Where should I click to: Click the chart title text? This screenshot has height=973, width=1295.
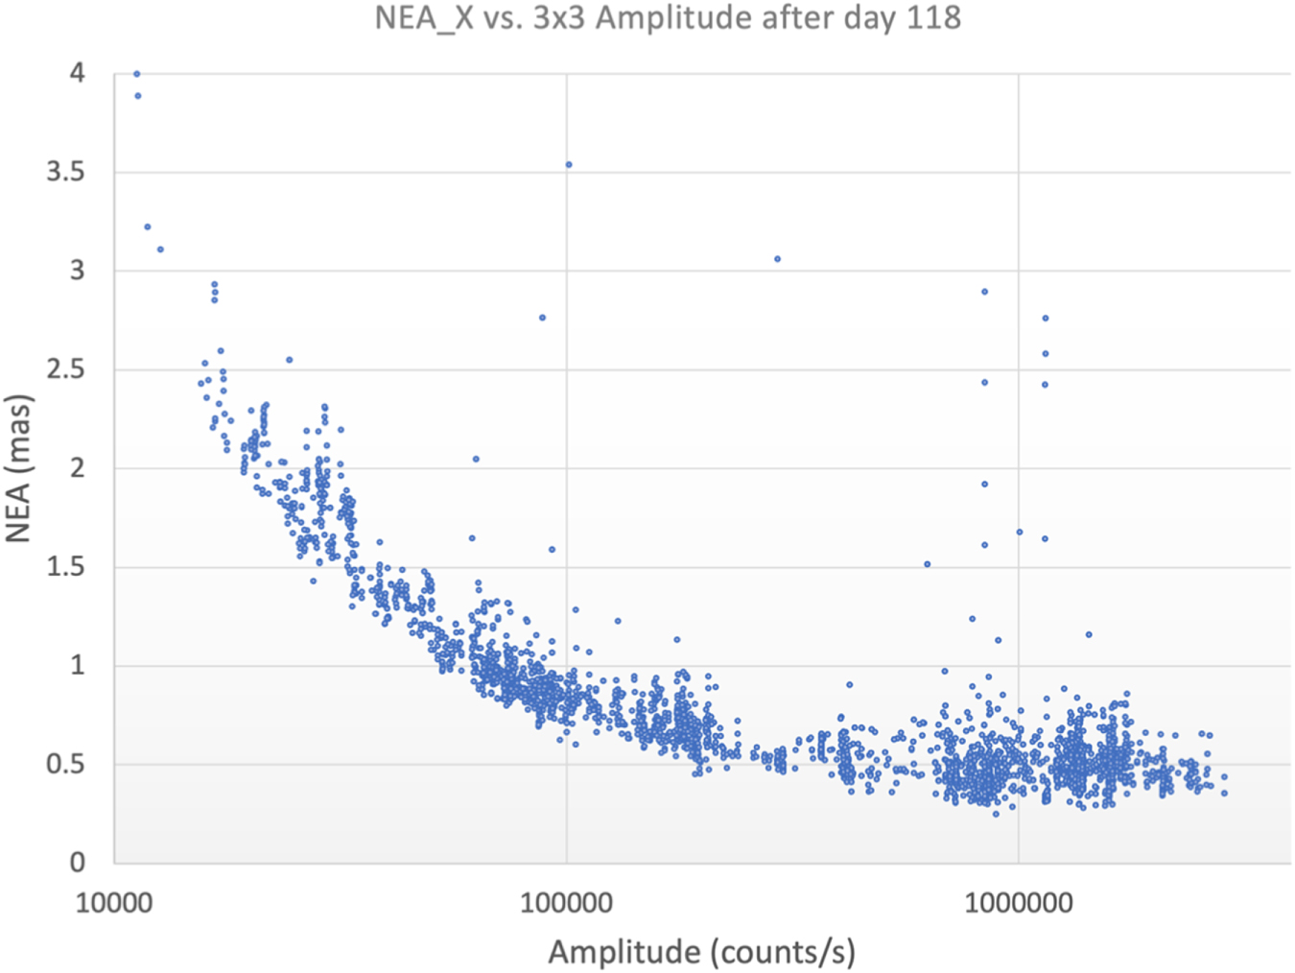point(668,17)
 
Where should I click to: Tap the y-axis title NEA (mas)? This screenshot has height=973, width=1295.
point(18,469)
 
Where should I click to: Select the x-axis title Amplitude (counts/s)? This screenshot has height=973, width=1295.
point(701,952)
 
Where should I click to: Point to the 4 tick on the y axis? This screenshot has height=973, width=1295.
point(78,73)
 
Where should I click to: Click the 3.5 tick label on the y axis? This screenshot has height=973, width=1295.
point(66,173)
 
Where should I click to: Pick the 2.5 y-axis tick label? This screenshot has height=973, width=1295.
point(66,370)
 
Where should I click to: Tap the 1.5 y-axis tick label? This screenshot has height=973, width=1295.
point(66,567)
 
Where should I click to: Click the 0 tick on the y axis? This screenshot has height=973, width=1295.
point(78,864)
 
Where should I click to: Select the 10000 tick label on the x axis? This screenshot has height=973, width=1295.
point(114,903)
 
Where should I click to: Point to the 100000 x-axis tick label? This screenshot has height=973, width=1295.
point(566,903)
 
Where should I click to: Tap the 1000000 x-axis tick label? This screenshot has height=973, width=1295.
point(1019,903)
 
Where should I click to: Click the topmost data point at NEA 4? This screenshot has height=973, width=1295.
point(137,74)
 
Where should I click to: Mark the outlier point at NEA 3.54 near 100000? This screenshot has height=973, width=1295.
point(569,165)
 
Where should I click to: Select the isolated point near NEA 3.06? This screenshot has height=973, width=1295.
point(778,259)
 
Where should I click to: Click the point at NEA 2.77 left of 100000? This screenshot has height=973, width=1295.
point(543,318)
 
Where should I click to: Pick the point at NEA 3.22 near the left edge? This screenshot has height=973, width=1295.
point(148,226)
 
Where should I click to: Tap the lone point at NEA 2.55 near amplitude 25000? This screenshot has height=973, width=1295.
point(289,359)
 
